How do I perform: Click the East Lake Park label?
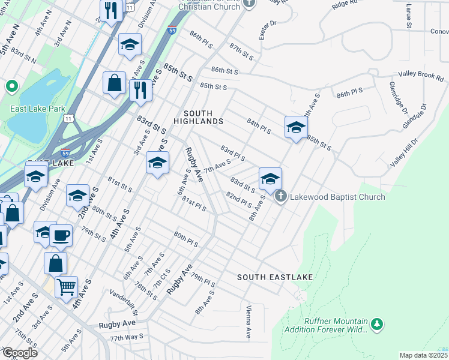tap(38, 109)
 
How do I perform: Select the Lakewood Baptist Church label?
tap(337, 197)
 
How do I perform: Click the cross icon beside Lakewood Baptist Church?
tap(280, 196)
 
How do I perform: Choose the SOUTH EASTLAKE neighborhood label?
tap(275, 277)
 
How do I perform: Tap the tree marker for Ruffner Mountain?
tap(377, 325)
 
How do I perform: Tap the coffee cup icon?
tap(61, 235)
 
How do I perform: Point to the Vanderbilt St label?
tap(124, 304)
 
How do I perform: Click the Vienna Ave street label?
tap(248, 322)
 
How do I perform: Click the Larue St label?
tap(408, 16)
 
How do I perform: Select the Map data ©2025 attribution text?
tap(423, 355)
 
